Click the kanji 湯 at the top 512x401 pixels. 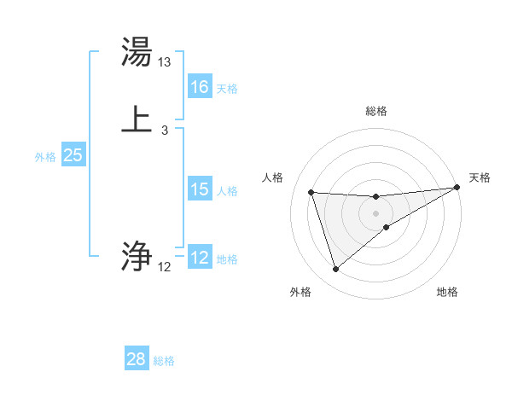137,51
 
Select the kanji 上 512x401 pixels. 137,119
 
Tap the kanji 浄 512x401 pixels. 137,255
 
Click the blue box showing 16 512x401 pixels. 200,87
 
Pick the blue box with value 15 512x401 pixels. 200,189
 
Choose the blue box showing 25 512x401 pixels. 73,155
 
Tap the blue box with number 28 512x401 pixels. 137,359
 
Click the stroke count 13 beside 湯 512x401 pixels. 165,62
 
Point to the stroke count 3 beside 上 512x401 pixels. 164,131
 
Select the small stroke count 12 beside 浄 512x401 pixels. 164,267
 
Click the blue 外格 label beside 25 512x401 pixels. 45,157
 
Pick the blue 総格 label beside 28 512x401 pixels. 164,361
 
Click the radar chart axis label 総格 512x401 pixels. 376,111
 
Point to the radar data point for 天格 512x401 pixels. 457,188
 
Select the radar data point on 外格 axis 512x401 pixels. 335,270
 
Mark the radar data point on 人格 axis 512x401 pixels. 311,193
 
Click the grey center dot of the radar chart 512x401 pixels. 376,213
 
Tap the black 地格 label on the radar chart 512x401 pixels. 447,292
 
